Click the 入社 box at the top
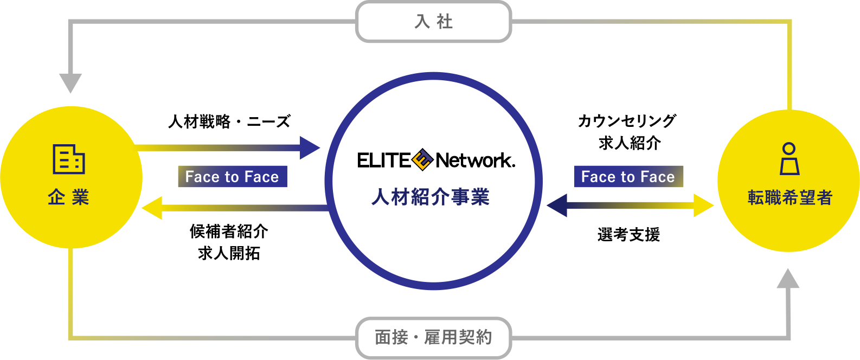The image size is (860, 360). [x=433, y=22]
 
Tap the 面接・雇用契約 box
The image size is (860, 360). [x=433, y=337]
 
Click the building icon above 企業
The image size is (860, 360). [x=69, y=159]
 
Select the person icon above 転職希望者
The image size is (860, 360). [x=790, y=159]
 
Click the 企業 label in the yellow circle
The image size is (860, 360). [x=68, y=197]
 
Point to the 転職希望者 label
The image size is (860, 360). [x=790, y=197]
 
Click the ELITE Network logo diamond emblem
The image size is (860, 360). [x=422, y=160]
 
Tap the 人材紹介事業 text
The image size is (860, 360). [x=431, y=197]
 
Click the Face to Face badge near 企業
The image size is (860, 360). [x=233, y=177]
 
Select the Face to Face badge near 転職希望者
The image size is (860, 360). [x=628, y=177]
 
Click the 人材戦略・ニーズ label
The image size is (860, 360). [x=229, y=121]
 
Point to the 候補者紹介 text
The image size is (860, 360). [x=229, y=232]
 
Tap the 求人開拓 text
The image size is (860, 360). [x=229, y=253]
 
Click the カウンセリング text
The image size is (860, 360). [x=627, y=121]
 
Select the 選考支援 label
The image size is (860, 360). [x=628, y=235]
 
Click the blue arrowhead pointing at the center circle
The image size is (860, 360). [x=310, y=147]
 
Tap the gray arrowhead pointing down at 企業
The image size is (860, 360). [x=70, y=83]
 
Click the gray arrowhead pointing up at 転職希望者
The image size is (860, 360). [x=788, y=279]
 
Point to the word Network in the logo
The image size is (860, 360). [x=475, y=160]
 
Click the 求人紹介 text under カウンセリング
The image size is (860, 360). [x=630, y=143]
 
